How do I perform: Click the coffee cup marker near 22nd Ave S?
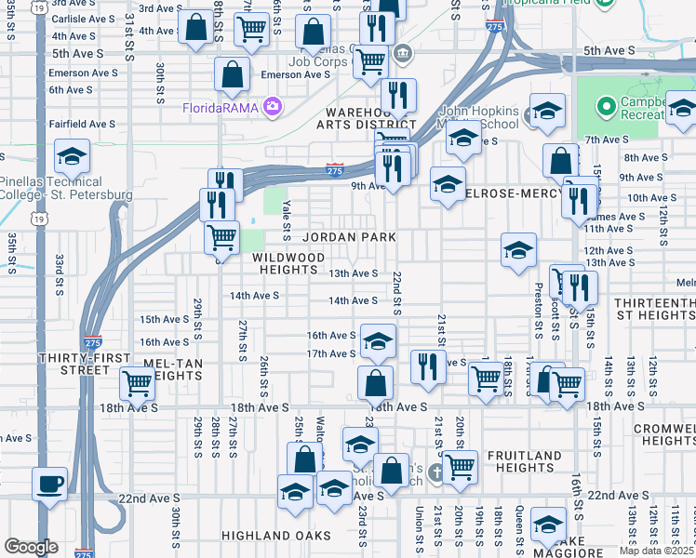click(x=50, y=484)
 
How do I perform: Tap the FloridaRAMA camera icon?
click(x=272, y=106)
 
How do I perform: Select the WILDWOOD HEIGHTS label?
click(x=288, y=263)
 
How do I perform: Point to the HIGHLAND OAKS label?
click(x=263, y=536)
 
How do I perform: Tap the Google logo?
click(x=31, y=547)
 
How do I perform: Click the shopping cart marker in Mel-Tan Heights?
click(x=137, y=381)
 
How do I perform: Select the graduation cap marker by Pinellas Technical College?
click(x=71, y=157)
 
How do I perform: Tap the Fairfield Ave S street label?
click(x=83, y=123)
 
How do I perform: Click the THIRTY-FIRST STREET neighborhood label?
click(x=74, y=364)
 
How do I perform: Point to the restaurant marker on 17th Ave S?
click(x=427, y=364)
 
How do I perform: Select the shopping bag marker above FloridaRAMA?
click(x=232, y=73)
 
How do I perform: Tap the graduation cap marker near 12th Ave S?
click(x=518, y=249)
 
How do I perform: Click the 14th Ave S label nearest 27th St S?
click(x=255, y=295)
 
